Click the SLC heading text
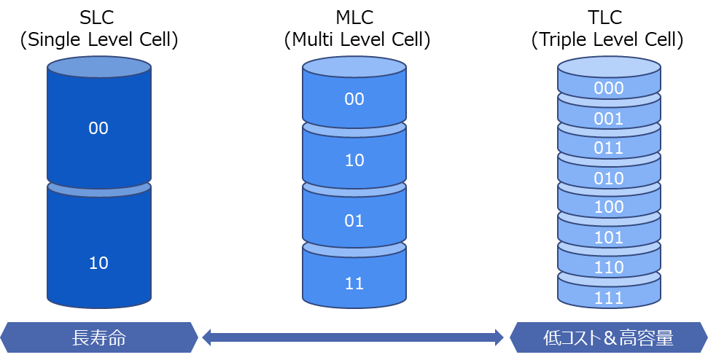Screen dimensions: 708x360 98,17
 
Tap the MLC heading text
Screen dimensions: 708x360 354,17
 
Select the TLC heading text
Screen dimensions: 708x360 609,17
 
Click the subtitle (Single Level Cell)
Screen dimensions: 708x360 98,40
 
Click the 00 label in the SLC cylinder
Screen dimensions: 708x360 98,128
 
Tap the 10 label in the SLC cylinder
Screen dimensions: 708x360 98,263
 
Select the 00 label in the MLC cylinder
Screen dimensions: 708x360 354,99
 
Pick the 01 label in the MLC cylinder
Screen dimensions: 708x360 354,221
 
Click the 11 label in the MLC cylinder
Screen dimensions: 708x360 354,283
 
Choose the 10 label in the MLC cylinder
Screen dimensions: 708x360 354,160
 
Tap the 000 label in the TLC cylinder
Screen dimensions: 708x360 609,88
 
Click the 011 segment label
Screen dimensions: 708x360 609,148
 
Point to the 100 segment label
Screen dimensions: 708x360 609,207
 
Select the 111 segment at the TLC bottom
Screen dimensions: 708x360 609,298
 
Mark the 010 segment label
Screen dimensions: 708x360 609,179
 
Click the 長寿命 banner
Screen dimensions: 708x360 98,337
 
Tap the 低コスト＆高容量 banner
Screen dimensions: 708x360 609,337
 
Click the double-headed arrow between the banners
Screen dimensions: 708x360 353,337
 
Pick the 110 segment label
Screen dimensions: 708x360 609,267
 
